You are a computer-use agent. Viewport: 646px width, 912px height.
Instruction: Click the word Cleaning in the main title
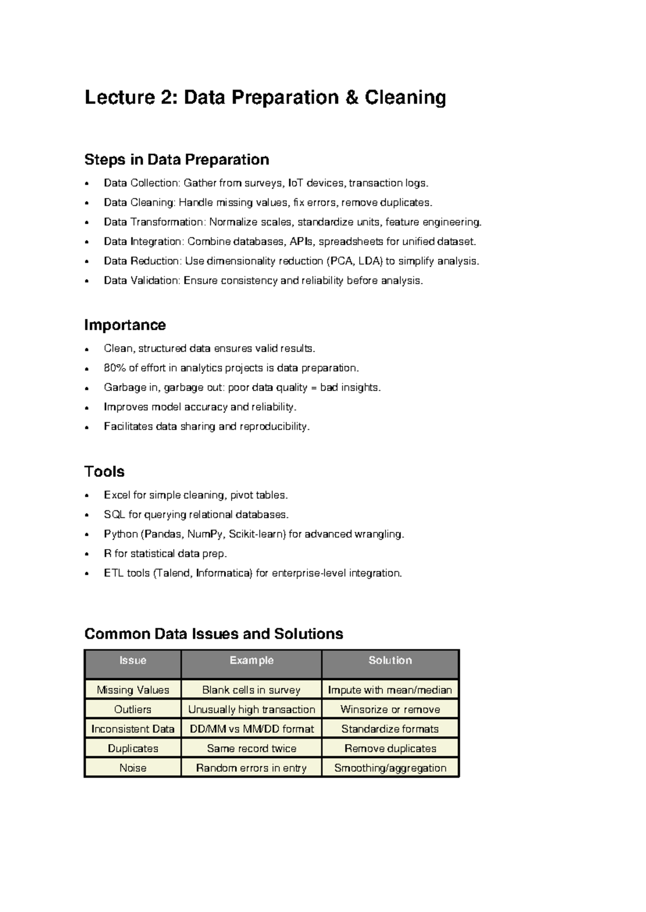[405, 98]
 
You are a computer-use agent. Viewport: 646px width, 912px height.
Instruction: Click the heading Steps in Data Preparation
[177, 160]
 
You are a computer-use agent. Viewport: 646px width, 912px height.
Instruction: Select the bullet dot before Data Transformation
[87, 223]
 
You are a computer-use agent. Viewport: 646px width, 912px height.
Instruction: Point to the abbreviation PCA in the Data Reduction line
[341, 261]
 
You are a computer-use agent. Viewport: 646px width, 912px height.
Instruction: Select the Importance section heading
[125, 325]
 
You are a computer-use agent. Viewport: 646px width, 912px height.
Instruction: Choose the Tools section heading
[104, 472]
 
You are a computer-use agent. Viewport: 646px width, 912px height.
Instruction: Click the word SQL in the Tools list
[114, 515]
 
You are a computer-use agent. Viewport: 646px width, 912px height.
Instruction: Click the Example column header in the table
[251, 660]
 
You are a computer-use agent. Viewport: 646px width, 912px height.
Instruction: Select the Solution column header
[390, 660]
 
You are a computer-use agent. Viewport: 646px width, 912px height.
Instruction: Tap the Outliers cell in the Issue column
[132, 710]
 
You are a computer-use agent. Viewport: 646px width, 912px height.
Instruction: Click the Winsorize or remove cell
[390, 710]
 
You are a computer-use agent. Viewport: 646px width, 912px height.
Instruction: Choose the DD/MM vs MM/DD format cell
[251, 729]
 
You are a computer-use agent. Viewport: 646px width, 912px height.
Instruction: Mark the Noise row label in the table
[132, 768]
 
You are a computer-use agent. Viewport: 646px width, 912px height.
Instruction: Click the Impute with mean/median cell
[390, 690]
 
